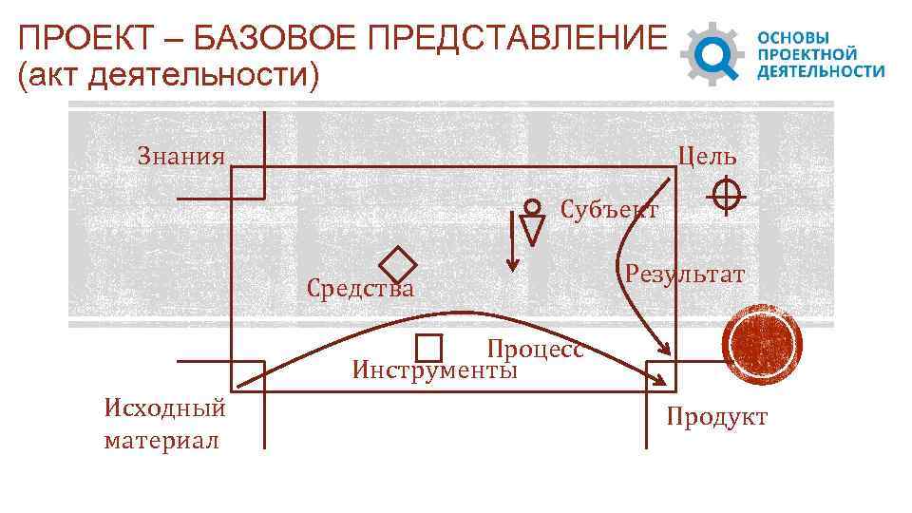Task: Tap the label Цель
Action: tap(707, 156)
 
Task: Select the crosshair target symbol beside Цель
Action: tap(726, 196)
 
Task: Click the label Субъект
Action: tap(609, 209)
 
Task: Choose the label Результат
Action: tap(684, 275)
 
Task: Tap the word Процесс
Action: tap(534, 348)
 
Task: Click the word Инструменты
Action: tap(435, 369)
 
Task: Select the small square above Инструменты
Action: tap(429, 349)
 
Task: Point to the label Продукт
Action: tap(716, 417)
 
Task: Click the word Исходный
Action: tap(165, 408)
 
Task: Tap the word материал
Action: tap(161, 441)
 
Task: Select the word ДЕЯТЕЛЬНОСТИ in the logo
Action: tap(820, 71)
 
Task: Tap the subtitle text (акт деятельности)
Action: tap(169, 76)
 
